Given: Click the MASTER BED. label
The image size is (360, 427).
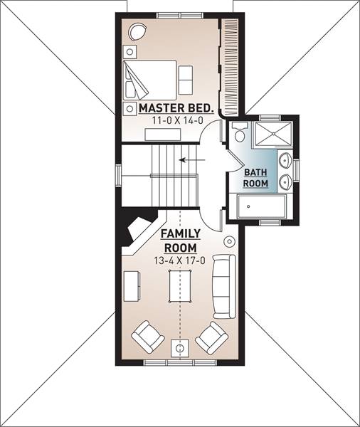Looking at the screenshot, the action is (x=176, y=108).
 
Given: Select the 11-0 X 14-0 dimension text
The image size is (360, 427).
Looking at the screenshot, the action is (x=178, y=120).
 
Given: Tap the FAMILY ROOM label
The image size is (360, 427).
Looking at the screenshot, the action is (x=181, y=241).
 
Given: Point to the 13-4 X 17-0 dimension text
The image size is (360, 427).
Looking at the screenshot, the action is (x=180, y=260).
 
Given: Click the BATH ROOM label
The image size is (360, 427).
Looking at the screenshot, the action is (x=255, y=178).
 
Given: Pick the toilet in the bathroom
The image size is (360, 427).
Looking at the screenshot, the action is (x=240, y=132).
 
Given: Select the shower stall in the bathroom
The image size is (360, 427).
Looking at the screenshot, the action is (x=272, y=135).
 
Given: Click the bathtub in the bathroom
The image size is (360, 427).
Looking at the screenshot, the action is (x=261, y=206).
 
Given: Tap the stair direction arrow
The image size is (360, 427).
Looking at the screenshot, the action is (x=192, y=160).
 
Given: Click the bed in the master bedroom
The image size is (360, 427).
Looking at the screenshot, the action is (x=150, y=80).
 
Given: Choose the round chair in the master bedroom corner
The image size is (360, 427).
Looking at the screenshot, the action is (x=138, y=32).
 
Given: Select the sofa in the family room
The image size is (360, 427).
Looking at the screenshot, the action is (x=224, y=287).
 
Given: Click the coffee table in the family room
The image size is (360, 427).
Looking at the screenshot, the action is (x=180, y=286).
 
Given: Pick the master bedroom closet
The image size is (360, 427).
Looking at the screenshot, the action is (x=230, y=67).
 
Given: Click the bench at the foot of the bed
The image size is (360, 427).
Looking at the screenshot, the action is (x=186, y=80).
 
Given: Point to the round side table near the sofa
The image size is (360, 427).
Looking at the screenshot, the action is (x=229, y=241).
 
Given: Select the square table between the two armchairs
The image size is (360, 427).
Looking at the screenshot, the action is (x=180, y=348).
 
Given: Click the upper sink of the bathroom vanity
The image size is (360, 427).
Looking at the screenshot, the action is (x=285, y=160).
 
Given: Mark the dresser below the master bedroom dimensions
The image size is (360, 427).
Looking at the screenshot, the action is (x=163, y=135).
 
